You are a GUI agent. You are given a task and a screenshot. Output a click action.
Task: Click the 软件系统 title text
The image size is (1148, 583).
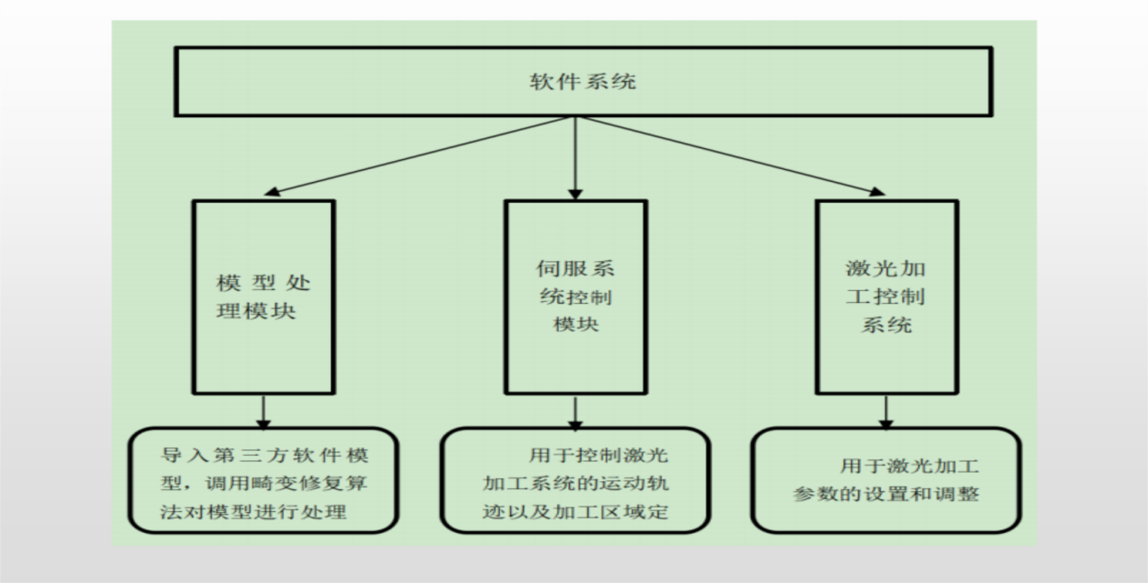pos(583,82)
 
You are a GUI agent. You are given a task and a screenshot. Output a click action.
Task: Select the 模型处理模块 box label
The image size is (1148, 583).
pos(264,297)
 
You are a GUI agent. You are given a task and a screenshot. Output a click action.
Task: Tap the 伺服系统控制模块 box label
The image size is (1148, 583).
pos(575,297)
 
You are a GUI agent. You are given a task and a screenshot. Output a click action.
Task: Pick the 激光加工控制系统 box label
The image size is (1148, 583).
pos(885,297)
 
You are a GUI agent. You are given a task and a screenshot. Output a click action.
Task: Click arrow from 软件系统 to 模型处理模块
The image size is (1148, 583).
pos(418,155)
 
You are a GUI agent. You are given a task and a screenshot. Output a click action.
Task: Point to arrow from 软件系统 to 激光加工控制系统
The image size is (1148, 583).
pos(727,155)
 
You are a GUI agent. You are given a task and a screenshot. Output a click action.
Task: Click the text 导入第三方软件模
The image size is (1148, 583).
pos(264,453)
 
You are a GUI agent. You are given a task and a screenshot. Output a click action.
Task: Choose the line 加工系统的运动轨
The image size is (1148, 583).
pos(575,483)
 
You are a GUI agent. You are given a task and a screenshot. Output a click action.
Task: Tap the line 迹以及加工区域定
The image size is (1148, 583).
pos(575,512)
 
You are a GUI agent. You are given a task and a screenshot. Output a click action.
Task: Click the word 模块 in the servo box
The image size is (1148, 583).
pos(575,324)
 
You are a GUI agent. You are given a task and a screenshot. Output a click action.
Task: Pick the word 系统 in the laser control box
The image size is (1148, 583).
pos(885,324)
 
